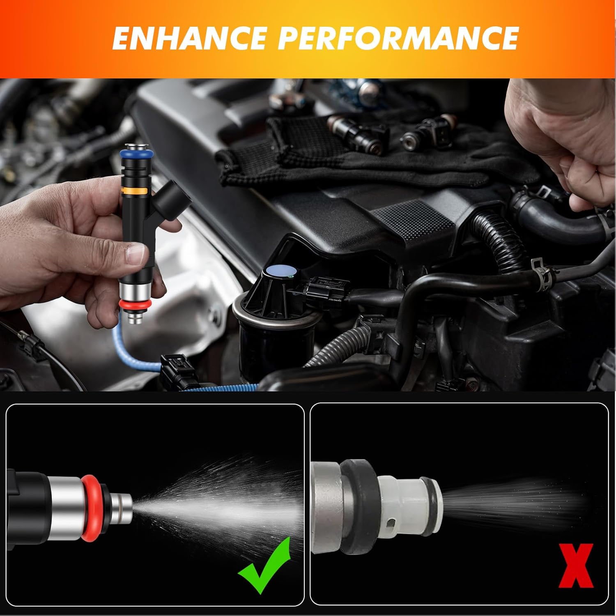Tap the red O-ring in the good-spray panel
(x=91, y=508)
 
